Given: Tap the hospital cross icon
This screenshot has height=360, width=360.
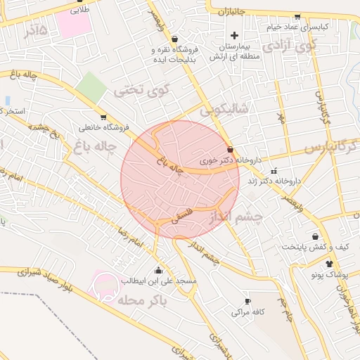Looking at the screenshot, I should tap(235, 35).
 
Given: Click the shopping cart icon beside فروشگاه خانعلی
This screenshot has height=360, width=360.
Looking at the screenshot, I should tap(103, 117).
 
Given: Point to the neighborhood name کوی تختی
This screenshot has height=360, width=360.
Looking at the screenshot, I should tap(143, 91).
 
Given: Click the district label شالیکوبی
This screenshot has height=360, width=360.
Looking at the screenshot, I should tap(224, 109).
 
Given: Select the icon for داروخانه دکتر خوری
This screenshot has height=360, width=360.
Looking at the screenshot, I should tap(231, 149).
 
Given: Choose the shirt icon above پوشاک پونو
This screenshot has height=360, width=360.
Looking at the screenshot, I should tap(329, 264).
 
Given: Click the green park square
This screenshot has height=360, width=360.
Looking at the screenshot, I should tap(90, 86).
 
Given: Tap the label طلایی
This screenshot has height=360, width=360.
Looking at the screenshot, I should tap(73, 11).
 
